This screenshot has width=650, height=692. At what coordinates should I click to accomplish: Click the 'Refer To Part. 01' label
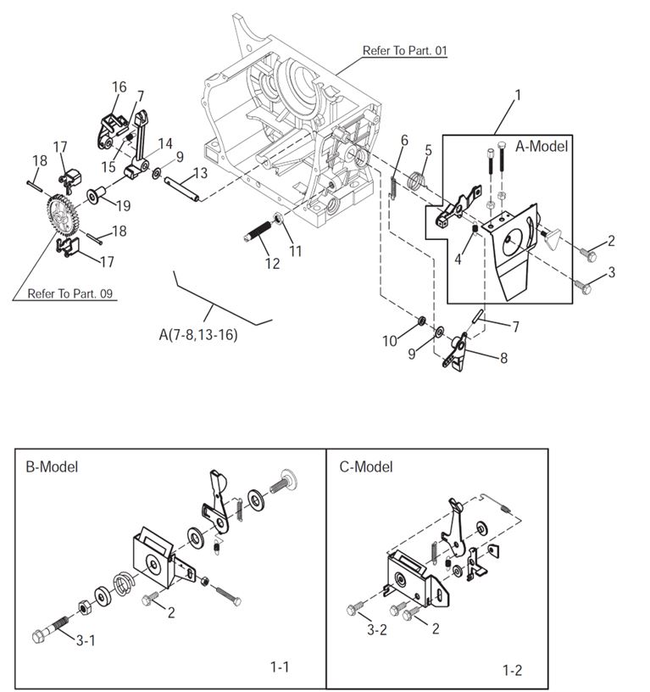[x=405, y=51]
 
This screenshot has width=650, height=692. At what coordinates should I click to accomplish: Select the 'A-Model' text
[x=542, y=146]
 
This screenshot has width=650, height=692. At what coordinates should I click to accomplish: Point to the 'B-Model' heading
[x=53, y=466]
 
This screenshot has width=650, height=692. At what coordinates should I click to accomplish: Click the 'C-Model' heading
[x=366, y=466]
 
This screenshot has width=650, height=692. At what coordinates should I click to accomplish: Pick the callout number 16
[x=119, y=86]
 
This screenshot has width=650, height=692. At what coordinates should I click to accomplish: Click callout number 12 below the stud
[x=272, y=264]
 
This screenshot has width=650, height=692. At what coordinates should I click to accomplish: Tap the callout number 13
[x=199, y=173]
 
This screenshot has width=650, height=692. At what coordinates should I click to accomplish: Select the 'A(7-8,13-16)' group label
[x=198, y=335]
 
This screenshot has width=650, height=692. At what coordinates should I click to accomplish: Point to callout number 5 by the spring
[x=428, y=150]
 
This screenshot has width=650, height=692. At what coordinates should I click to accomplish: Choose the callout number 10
[x=389, y=341]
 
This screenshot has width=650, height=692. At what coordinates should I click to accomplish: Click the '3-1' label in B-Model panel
[x=86, y=640]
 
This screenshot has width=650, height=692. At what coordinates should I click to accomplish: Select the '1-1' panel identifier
[x=280, y=667]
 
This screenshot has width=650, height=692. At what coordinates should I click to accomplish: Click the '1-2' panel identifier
[x=512, y=671]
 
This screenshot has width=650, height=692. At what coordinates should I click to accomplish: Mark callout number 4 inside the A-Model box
[x=458, y=259]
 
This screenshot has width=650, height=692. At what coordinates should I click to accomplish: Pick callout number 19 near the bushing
[x=123, y=204]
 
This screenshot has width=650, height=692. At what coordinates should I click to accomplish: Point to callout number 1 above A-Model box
[x=517, y=95]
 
